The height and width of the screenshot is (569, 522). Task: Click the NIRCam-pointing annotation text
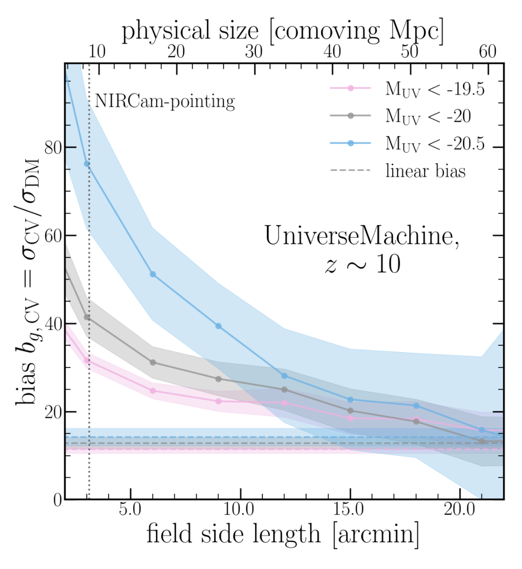(165, 102)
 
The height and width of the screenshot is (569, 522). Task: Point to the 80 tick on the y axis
(53, 147)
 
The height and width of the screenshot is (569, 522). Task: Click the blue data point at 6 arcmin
(153, 274)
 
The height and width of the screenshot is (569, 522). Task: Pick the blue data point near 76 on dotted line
(87, 164)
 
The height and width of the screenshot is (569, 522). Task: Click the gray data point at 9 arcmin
(218, 379)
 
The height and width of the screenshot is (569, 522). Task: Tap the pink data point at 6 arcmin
(153, 391)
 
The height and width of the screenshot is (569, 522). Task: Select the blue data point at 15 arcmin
(350, 400)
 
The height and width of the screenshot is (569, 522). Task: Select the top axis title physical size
(282, 31)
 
